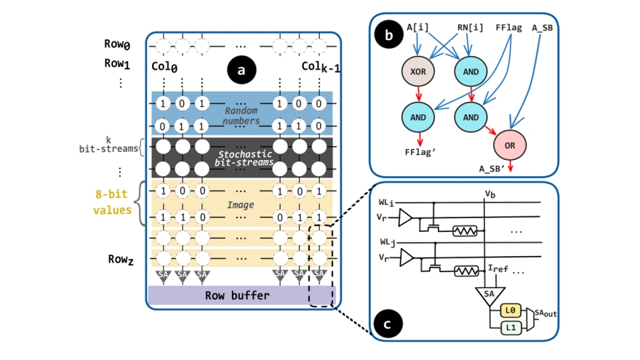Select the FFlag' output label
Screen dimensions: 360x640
[420, 153]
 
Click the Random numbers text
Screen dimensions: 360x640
[241, 115]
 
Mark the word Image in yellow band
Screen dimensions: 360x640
[240, 206]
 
